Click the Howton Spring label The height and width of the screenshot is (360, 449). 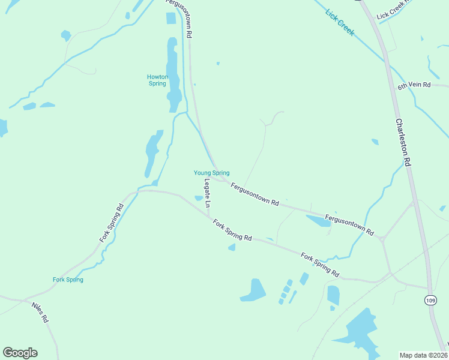(x=157, y=80)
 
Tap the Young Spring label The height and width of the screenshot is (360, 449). (x=211, y=173)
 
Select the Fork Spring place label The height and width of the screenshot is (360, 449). (x=68, y=280)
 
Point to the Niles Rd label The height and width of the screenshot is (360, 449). (x=40, y=313)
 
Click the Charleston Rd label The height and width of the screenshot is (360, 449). (x=403, y=142)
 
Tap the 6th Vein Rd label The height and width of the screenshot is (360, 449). (x=414, y=85)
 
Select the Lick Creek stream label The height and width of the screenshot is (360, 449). (x=340, y=22)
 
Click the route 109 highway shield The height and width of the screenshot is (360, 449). (x=430, y=299)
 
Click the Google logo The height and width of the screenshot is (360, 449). (x=20, y=353)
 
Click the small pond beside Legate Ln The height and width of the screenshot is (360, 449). (x=199, y=198)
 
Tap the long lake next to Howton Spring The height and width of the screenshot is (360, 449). (x=173, y=75)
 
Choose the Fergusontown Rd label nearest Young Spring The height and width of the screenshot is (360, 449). (x=255, y=195)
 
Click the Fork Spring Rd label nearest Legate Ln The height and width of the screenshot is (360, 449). (x=232, y=230)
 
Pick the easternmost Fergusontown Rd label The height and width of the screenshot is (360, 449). (x=349, y=224)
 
